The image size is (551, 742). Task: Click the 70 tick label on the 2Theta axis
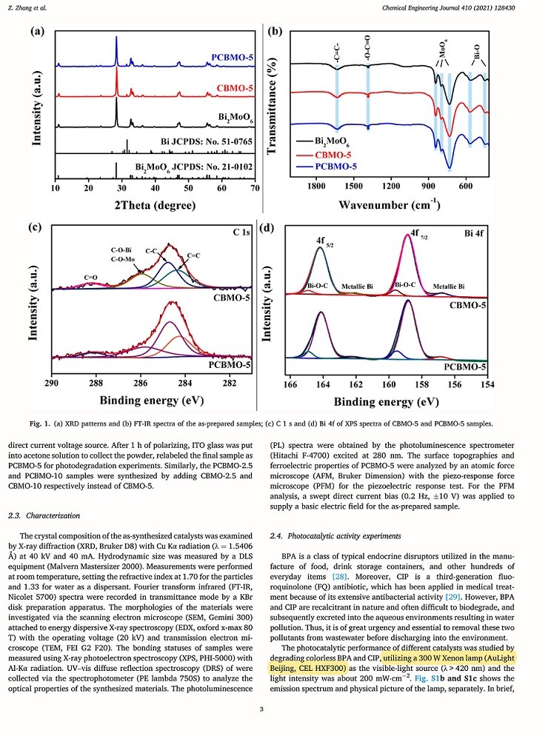pyautogui.click(x=254, y=189)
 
